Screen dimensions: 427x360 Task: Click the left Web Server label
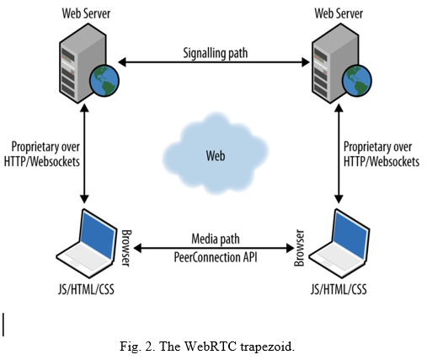coord(86,13)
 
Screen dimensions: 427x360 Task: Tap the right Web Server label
coord(339,13)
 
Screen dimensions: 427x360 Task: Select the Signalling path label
coord(216,53)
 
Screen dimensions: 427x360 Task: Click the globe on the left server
coord(104,81)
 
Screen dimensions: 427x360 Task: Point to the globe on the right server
coord(357,81)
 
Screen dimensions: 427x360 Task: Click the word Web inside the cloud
coord(216,156)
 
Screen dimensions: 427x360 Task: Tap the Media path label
coord(216,239)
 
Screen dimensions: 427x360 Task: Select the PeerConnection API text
coord(216,257)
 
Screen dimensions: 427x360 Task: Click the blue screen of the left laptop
coord(98,234)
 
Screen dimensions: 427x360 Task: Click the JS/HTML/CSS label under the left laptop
coord(86,289)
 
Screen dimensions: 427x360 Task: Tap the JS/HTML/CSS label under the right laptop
coord(339,289)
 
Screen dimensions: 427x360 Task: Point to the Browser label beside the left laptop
coord(126,248)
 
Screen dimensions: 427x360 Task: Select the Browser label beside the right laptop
coord(299,248)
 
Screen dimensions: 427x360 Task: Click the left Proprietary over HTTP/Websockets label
coord(42,154)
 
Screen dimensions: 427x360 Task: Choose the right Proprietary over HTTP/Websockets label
coord(382,154)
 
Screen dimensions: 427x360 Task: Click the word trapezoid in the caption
coord(267,347)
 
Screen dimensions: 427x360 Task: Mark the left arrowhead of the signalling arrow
coord(122,62)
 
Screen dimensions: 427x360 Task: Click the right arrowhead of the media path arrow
coord(290,248)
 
